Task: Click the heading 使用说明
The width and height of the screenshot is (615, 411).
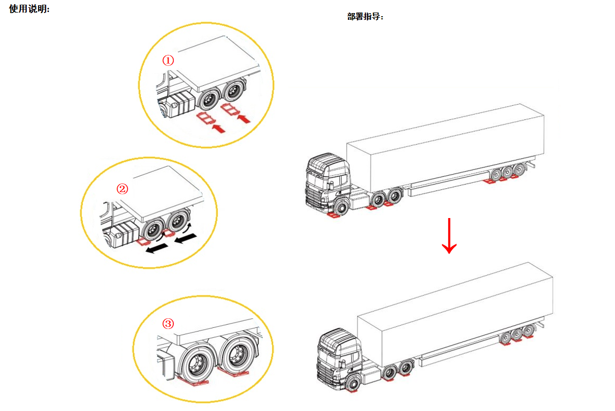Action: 29,8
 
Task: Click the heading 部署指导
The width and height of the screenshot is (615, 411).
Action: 365,16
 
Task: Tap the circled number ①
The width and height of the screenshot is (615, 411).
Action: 168,60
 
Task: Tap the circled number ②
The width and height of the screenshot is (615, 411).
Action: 122,189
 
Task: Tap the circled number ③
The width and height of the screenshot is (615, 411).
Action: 168,324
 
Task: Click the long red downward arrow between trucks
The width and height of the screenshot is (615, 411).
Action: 449,235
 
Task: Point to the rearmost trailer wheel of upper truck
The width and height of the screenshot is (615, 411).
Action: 519,170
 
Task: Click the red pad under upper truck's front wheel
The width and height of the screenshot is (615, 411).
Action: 334,215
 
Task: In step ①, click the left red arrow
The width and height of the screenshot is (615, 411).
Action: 218,128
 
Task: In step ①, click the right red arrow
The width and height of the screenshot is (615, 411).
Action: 243,118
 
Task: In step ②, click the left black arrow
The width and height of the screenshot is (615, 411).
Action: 156,248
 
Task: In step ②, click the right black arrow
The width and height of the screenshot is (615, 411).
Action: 185,237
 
